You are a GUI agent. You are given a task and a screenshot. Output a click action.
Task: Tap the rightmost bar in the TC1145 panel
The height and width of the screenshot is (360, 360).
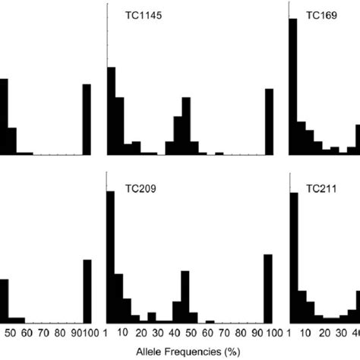click(x=269, y=122)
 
